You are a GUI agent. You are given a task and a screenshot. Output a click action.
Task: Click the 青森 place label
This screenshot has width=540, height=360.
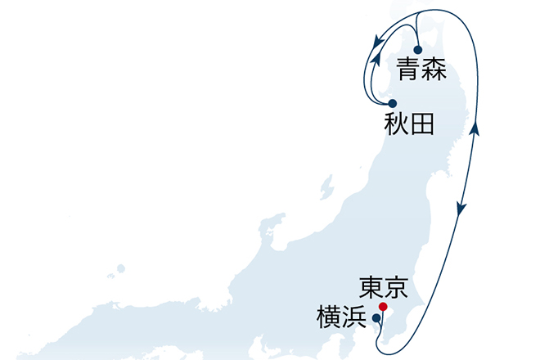tap(421, 70)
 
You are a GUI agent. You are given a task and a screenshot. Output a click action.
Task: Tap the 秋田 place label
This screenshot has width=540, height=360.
tap(407, 124)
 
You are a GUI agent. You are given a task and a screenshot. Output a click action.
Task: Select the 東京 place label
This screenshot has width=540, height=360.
tap(383, 288)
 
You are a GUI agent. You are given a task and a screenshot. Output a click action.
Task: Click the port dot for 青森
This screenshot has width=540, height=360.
tap(417, 50)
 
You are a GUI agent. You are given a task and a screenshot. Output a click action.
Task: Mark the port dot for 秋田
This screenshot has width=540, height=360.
tap(393, 103)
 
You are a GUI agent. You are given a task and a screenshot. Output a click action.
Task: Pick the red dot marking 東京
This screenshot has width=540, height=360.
tap(383, 306)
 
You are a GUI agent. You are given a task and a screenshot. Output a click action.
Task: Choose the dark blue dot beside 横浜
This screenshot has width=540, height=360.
tap(376, 317)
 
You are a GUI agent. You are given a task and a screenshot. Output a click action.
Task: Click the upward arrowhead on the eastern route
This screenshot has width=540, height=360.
tap(475, 128)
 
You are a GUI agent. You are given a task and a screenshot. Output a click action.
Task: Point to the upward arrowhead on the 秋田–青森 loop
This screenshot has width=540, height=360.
tap(373, 60)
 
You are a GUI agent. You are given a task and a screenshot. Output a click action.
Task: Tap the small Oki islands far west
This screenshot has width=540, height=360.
tap(120, 267)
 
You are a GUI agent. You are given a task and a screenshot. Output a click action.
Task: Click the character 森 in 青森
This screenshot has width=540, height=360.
tap(434, 70)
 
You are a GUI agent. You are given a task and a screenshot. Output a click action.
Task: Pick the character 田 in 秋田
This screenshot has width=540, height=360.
tap(421, 124)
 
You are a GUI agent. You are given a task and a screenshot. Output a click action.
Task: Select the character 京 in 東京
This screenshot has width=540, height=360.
tap(396, 288)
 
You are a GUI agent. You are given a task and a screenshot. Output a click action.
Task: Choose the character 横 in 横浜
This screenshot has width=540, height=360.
tap(328, 317)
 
